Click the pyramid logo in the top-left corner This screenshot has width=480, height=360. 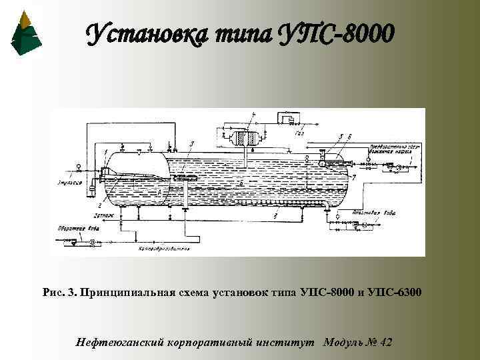(x=26, y=33)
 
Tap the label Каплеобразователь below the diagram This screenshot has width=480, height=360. (x=164, y=249)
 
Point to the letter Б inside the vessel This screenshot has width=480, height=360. (x=242, y=181)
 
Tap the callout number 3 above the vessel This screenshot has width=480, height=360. (x=191, y=143)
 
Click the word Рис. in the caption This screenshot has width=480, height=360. (x=53, y=293)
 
